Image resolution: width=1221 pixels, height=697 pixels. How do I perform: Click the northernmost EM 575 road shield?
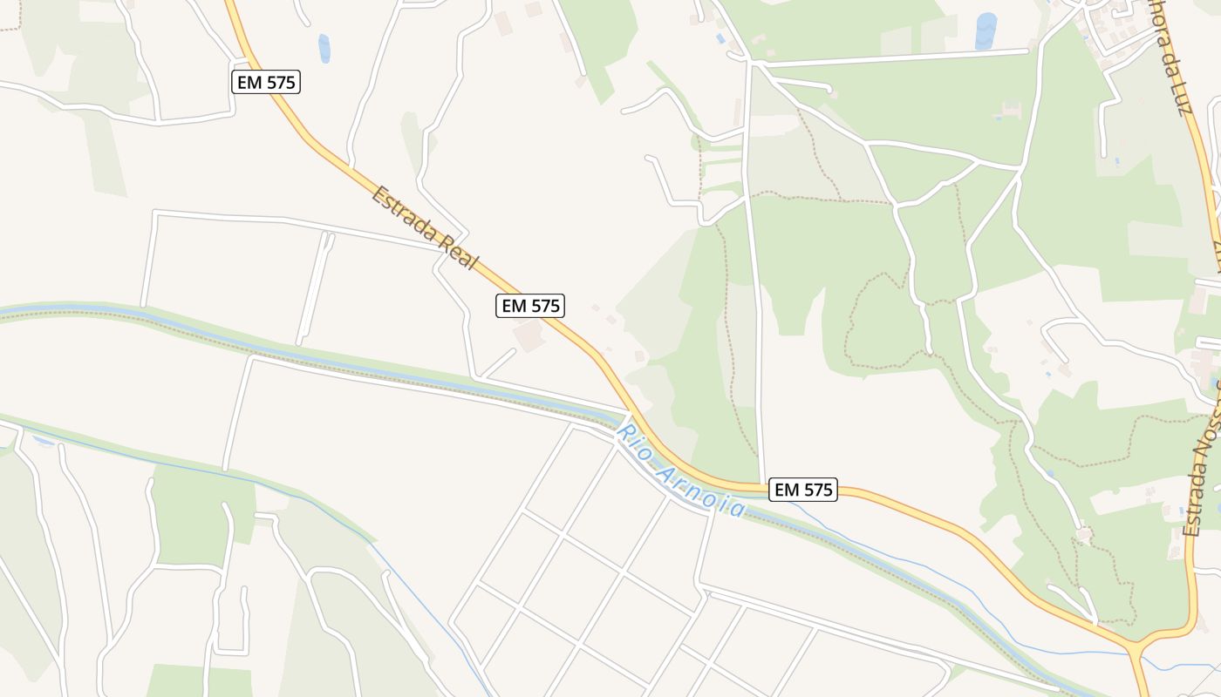266,83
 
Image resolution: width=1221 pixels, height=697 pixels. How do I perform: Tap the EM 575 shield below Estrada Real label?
530,306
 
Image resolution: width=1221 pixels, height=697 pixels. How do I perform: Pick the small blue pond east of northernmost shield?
324,48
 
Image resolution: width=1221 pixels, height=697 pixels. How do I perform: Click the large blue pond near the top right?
986,30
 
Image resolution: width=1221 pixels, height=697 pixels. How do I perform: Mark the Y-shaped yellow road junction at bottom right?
1138,646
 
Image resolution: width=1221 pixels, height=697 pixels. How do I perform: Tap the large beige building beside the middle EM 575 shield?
530,335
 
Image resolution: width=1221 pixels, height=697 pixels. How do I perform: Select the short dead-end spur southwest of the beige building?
500,362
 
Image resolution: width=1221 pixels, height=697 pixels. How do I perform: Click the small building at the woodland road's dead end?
1083,533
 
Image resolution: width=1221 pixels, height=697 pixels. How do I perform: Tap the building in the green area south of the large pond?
1012,110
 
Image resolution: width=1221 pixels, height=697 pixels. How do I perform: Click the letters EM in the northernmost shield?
249,83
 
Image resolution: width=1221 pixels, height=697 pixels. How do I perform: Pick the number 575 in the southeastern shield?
815,490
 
